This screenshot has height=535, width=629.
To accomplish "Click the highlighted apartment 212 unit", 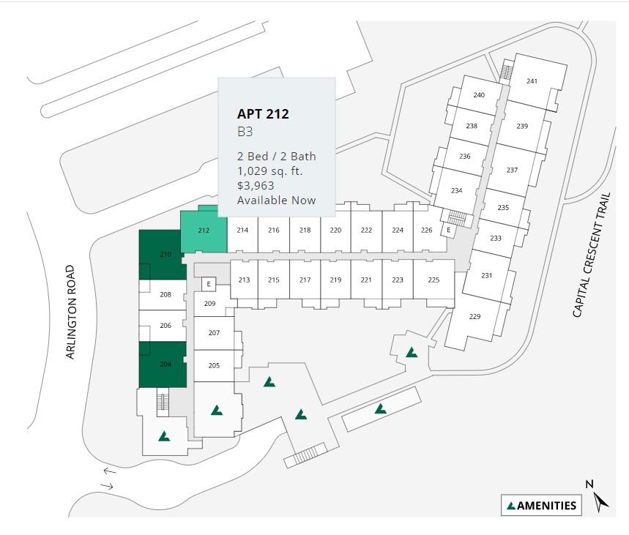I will [x=203, y=231].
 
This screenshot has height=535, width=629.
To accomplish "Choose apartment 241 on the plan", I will [x=532, y=81].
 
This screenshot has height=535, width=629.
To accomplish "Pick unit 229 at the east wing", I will [x=474, y=316].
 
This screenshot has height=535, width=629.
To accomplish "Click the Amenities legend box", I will [x=541, y=505].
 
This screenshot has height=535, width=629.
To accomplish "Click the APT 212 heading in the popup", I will [x=263, y=114].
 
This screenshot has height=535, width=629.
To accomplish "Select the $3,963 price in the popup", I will [x=256, y=186].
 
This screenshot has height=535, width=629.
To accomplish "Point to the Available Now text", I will [x=276, y=201].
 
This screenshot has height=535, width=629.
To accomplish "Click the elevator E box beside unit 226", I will [x=448, y=230].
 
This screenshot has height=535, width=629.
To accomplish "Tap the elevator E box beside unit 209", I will [x=209, y=284].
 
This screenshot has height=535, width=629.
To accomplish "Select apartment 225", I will [x=433, y=280].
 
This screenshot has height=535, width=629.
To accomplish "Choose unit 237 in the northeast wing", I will [x=512, y=170].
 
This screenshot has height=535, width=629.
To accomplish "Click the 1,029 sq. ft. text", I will [x=270, y=171].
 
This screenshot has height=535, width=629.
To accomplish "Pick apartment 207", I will [x=214, y=333].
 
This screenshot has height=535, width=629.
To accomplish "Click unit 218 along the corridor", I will [x=305, y=230].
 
